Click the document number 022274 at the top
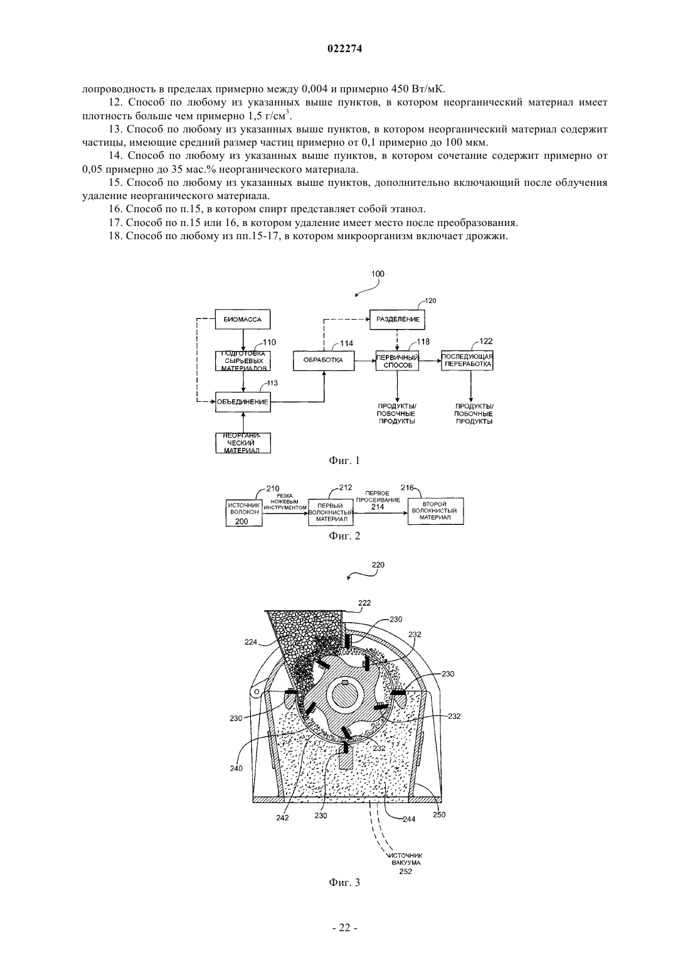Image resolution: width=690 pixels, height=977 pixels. click(x=344, y=49)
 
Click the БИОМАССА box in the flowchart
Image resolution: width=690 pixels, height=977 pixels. click(x=243, y=319)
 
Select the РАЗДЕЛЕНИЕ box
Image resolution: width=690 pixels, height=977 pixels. click(x=397, y=319)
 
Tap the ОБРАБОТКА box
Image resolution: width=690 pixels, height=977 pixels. click(x=323, y=360)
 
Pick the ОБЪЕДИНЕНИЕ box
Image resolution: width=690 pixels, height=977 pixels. click(x=243, y=401)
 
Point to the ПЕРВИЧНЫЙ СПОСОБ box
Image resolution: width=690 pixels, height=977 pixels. click(x=397, y=360)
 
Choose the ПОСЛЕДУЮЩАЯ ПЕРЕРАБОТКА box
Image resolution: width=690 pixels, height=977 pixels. click(x=467, y=360)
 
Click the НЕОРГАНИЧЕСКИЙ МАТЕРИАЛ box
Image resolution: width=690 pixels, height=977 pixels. click(x=243, y=443)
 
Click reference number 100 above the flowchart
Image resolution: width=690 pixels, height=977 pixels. click(x=378, y=274)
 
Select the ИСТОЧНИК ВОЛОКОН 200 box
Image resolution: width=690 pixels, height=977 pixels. click(x=244, y=512)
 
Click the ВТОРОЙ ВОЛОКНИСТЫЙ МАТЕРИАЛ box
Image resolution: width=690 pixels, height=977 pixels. click(x=435, y=510)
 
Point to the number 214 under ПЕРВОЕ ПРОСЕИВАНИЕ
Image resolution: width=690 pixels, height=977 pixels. click(x=378, y=507)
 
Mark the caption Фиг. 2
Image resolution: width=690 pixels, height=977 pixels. click(x=344, y=536)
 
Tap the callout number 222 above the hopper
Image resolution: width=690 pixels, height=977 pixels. click(x=364, y=603)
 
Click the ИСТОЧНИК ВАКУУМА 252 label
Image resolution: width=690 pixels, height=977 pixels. click(x=406, y=863)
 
